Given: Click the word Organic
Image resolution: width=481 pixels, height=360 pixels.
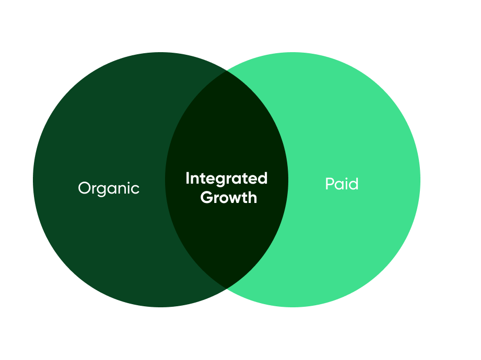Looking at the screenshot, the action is [x=109, y=188].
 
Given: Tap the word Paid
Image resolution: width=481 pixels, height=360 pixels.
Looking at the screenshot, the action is [x=342, y=184].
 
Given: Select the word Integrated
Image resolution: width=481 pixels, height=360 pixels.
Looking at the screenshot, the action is [x=226, y=178].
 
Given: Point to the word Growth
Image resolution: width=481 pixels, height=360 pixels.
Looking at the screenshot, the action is [x=229, y=198].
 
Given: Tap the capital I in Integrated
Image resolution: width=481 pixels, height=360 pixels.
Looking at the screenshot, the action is [x=187, y=178].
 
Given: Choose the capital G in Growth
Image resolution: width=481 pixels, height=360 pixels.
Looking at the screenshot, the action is [x=207, y=198].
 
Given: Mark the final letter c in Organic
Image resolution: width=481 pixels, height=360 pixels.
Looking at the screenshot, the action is [x=136, y=188].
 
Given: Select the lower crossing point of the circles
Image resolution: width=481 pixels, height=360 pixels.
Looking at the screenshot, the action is [x=226, y=288].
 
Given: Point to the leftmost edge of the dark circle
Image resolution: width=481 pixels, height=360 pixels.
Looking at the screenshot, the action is [x=33, y=179].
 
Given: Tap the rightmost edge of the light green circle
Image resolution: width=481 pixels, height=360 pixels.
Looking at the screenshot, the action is [x=420, y=179].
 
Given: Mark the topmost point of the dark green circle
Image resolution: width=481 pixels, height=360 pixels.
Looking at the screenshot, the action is [x=161, y=53].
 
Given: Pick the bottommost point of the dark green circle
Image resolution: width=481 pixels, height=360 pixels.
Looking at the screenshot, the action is [x=161, y=307].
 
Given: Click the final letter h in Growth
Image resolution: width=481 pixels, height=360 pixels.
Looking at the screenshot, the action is [x=253, y=198].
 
